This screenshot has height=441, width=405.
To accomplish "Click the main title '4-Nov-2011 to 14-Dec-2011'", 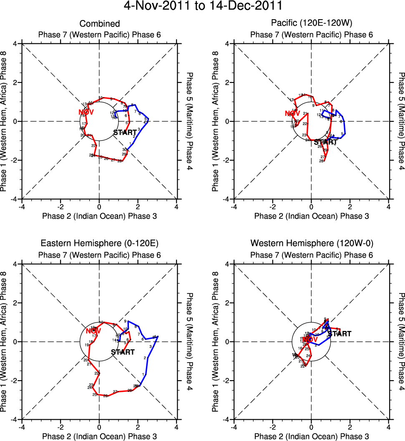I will [203, 7].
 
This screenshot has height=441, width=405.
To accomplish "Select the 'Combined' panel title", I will [100, 24].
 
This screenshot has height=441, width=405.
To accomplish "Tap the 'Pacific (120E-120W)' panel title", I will [312, 24].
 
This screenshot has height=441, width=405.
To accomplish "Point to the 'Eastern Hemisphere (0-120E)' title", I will [100, 243].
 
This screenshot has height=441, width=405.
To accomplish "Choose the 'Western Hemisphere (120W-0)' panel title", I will [312, 243].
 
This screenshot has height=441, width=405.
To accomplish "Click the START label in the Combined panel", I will [125, 133].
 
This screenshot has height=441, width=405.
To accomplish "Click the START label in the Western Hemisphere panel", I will [339, 334].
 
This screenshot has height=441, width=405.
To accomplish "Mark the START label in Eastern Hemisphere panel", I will [123, 352].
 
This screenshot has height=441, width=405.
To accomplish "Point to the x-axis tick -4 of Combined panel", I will [22, 206].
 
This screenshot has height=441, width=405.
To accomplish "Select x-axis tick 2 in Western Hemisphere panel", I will [350, 427].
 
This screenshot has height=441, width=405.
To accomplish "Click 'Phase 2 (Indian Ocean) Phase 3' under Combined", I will [100, 216].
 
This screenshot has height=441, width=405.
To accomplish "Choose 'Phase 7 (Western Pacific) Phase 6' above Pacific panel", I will [312, 35].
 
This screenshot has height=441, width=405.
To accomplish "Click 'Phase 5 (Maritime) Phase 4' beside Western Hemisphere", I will [401, 341].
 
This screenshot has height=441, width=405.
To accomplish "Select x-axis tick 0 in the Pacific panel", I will [311, 206].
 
